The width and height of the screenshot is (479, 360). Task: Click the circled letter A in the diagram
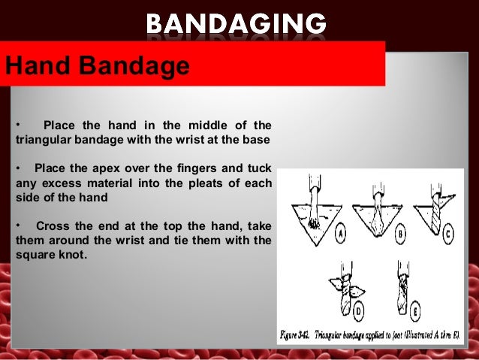[340, 234]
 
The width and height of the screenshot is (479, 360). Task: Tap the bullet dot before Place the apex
[17, 168]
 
